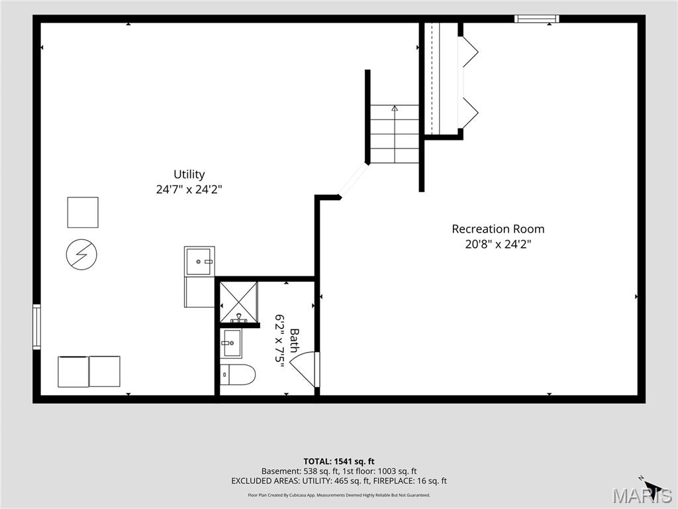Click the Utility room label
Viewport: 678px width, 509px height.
tap(189, 174)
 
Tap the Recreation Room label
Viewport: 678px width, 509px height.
tap(498, 229)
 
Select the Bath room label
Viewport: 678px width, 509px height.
tap(294, 340)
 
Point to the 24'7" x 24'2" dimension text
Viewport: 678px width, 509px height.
tap(189, 189)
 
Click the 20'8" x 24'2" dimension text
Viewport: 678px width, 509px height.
tap(498, 244)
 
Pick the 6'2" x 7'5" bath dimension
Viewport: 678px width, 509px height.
tap(280, 341)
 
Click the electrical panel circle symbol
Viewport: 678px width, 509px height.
tap(81, 254)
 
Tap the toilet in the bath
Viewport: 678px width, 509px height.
tap(238, 375)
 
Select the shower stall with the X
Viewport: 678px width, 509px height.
tap(238, 302)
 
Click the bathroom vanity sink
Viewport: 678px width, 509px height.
tap(232, 343)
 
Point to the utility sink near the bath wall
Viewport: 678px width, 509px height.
tap(199, 261)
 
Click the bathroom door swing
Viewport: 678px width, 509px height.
tap(305, 369)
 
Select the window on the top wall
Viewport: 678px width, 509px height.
tap(536, 19)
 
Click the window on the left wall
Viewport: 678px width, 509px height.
tap(37, 326)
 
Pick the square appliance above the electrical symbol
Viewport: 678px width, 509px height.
tap(83, 212)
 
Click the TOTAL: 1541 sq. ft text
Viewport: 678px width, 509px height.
tap(339, 461)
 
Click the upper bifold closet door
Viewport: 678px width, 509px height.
tap(470, 52)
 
